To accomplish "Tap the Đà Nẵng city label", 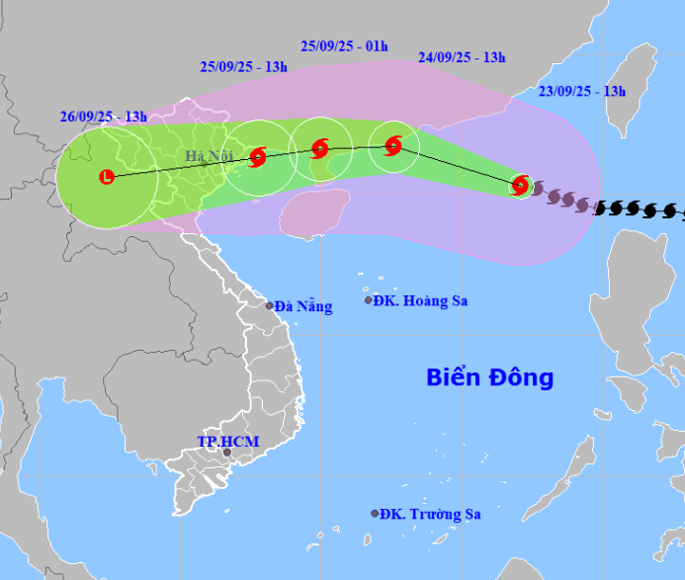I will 303,306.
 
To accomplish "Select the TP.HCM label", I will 227,442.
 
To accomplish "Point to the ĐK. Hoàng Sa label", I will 421,300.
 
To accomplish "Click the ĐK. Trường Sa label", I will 431,514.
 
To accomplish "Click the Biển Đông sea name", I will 489,377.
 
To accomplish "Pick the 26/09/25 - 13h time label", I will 103,117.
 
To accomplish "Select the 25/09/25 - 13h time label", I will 243,67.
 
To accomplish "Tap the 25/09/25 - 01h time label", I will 345,45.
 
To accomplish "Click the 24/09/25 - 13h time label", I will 462,57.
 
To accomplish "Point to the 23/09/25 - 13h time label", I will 582,91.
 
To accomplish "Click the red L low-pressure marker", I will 107,177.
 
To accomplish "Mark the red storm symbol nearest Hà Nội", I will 258,156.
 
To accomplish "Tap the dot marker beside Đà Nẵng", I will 269,305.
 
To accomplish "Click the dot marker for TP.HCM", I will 227,453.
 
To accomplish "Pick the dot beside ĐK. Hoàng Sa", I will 368,300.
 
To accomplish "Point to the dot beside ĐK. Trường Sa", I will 375,514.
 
